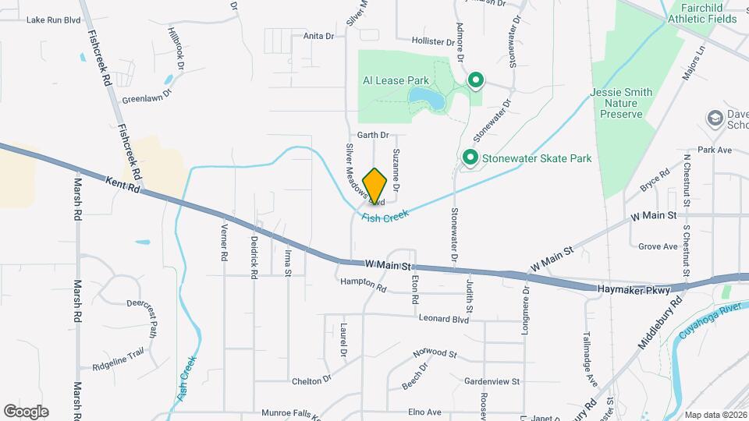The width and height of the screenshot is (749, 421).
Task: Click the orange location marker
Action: (375, 186)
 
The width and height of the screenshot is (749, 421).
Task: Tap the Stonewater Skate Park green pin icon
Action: (470, 158)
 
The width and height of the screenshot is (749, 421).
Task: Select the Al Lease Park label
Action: (396, 80)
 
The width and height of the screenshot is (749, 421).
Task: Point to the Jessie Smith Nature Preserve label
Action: (621, 103)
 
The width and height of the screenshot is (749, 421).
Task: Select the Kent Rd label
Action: (122, 185)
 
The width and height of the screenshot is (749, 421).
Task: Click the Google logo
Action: (26, 411)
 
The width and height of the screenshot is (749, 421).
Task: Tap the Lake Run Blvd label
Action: (54, 20)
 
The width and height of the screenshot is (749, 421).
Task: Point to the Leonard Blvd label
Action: (443, 319)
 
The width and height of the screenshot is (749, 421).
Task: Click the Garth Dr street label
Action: (373, 135)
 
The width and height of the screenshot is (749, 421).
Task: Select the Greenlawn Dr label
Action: (145, 100)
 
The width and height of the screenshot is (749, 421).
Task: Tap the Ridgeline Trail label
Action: (118, 353)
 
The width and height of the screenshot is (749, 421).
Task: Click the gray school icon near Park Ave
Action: (714, 118)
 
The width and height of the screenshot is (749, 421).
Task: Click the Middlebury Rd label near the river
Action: (659, 322)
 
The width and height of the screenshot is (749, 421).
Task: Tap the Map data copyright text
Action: (715, 415)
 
